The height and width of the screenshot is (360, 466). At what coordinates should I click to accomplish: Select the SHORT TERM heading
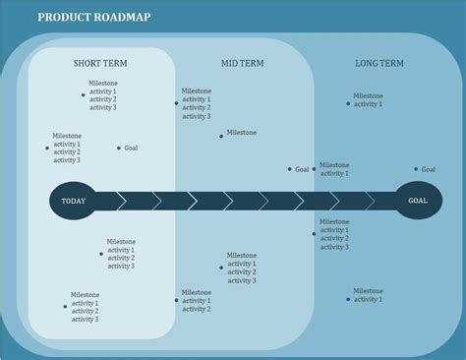pos(99,64)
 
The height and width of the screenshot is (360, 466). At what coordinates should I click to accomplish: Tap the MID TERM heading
pos(242,64)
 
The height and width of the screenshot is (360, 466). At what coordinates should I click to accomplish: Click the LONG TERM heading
pos(379,64)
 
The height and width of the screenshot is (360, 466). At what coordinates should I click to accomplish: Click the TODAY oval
pos(74,201)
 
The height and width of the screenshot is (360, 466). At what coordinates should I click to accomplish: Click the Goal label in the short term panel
pos(131,148)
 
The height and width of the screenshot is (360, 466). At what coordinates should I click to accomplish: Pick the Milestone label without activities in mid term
pos(242,132)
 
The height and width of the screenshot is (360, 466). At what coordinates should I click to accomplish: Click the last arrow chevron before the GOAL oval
pos(375,201)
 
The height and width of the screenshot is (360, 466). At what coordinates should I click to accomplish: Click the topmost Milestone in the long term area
pos(368,95)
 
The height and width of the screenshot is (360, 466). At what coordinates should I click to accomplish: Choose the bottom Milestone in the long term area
pos(368,290)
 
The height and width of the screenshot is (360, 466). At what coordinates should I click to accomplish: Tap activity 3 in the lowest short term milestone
pos(84,319)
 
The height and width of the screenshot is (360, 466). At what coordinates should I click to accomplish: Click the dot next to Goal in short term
pos(119,149)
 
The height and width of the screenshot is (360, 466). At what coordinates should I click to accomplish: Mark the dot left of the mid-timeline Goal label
pos(290,169)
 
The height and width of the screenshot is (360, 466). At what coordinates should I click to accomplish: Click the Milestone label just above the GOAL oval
pos(334,165)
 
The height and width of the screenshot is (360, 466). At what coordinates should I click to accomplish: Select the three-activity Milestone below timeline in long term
pos(334,221)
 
